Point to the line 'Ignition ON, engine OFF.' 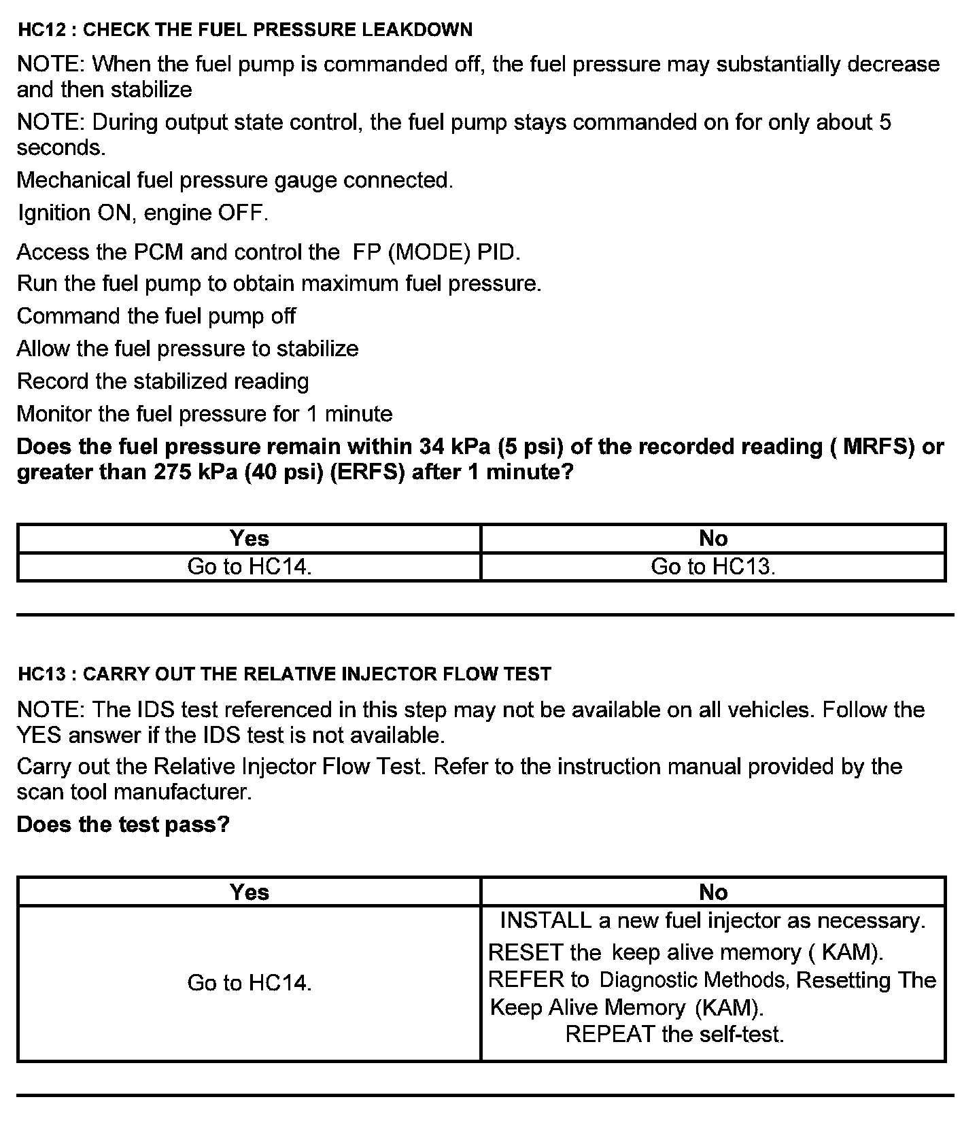pyautogui.click(x=143, y=213)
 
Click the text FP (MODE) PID pyautogui.click(x=436, y=252)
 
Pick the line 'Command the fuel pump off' pyautogui.click(x=156, y=316)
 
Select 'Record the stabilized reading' pyautogui.click(x=162, y=381)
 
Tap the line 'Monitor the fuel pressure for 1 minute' pyautogui.click(x=205, y=414)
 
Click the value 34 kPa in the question pyautogui.click(x=456, y=447)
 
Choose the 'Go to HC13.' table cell pyautogui.click(x=713, y=567)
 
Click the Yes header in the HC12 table pyautogui.click(x=249, y=538)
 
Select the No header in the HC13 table pyautogui.click(x=713, y=892)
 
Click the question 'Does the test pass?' pyautogui.click(x=123, y=825)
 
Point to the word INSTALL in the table pyautogui.click(x=545, y=920)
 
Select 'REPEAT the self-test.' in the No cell pyautogui.click(x=674, y=1035)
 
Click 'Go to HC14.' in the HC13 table pyautogui.click(x=249, y=983)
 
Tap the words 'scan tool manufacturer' pyautogui.click(x=133, y=793)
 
